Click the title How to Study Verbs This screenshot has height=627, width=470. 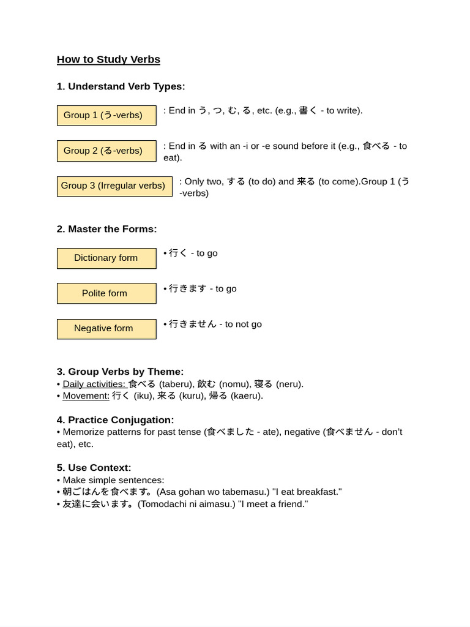point(108,59)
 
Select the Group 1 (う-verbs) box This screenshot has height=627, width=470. point(106,115)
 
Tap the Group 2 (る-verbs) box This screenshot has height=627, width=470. point(106,151)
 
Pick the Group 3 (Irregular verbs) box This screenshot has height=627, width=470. point(114,186)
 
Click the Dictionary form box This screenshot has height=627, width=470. point(106,258)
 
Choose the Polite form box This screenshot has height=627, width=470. point(106,293)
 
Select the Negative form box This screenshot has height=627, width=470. point(106,329)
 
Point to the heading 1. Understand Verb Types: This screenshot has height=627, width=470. point(121,86)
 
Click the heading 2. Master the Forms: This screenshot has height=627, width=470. point(106,229)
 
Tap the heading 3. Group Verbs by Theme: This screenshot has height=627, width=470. point(120,372)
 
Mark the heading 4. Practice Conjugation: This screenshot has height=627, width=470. point(115,420)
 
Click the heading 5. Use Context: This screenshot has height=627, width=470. point(94,468)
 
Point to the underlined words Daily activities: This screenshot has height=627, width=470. point(94,384)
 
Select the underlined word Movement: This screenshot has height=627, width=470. point(86,396)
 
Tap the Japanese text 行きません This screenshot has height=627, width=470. point(192,324)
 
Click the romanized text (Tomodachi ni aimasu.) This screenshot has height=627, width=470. point(187,504)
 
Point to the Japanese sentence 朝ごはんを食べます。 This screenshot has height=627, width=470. point(108,492)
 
